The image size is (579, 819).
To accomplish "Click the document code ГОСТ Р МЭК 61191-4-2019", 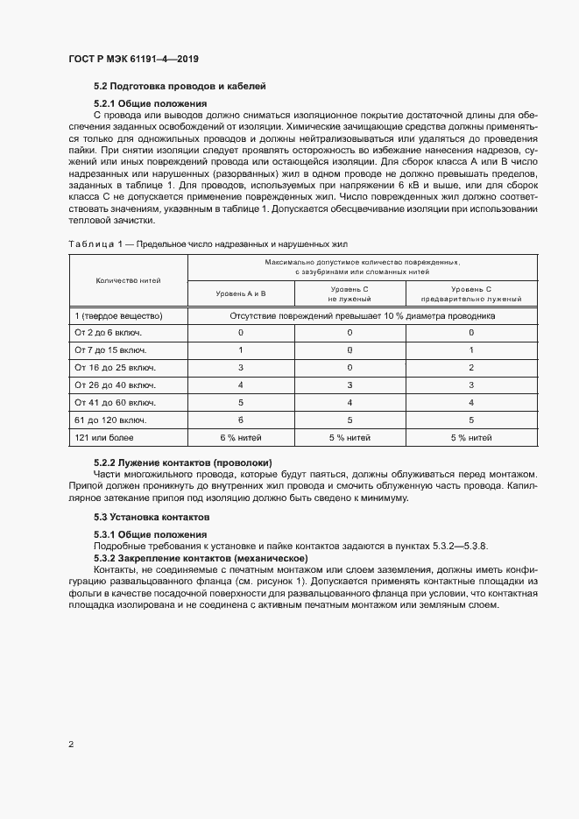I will pos(133,59).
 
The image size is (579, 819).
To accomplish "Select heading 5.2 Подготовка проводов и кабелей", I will pos(179,86).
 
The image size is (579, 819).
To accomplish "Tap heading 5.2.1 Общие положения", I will pos(150,103).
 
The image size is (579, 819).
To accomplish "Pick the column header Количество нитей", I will pos(128,279).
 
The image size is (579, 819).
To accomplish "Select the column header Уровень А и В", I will pos(241,293).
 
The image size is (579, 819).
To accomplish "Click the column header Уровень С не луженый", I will pos(350,293).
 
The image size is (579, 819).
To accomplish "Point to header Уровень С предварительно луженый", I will pos(471,293).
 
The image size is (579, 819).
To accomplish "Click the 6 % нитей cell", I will pos(241,436).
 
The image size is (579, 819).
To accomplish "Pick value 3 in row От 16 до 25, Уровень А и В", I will pos(241,367).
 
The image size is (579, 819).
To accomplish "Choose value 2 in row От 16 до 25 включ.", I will pos(471,367).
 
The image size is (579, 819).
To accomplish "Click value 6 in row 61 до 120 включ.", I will pos(241,419).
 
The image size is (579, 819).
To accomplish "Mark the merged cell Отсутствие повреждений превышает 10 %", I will pos(363,315).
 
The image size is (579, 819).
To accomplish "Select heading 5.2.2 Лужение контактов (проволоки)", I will pos(183,462).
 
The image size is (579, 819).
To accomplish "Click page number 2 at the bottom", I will pos(71,745).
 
